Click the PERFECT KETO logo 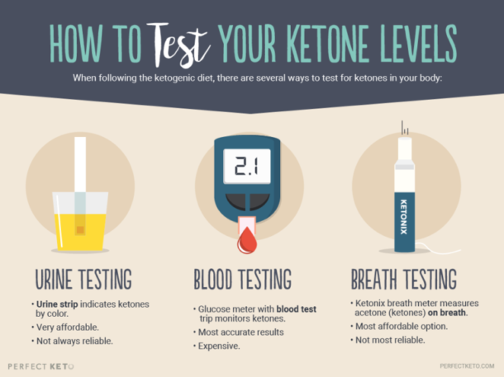coord(39,365)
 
